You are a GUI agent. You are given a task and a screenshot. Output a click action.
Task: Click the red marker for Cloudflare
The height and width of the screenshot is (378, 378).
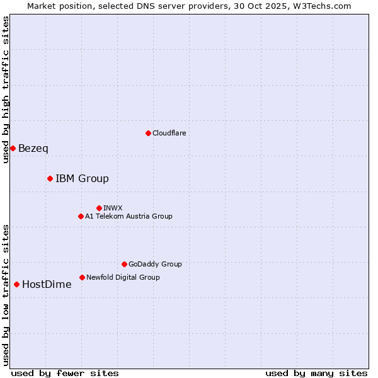(148, 133)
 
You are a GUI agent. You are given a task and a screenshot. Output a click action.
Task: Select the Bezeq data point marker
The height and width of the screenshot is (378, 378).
(13, 148)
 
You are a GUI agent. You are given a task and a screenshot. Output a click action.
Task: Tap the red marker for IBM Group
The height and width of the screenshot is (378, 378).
(50, 178)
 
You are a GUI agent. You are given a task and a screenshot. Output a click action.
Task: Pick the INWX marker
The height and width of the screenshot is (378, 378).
(99, 208)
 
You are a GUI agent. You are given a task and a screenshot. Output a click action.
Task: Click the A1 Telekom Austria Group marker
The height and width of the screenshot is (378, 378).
(81, 216)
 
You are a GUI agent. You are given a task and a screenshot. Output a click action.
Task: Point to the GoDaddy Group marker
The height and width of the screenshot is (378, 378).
(124, 264)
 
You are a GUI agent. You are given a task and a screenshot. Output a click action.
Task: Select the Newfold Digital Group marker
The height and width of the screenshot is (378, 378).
(82, 277)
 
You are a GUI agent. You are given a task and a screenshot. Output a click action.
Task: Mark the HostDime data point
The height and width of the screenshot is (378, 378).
(16, 284)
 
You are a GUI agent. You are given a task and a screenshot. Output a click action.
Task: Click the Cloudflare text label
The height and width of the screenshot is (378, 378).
(169, 133)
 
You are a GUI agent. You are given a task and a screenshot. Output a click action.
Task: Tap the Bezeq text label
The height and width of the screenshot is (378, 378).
(33, 149)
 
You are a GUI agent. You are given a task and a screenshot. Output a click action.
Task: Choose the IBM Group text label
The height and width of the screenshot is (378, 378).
(82, 179)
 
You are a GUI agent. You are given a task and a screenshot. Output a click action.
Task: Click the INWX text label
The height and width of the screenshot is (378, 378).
(113, 208)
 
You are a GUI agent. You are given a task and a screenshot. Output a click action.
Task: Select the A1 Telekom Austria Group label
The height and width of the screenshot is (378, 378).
(129, 216)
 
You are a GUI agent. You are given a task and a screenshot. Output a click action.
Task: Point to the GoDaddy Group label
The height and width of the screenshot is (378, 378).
(155, 264)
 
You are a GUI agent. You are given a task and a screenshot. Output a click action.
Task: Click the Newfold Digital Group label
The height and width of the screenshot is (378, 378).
(123, 277)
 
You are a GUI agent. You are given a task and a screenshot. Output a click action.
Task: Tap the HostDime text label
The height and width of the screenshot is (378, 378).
(47, 285)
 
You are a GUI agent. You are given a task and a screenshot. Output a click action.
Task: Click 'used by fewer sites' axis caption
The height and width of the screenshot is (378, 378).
(65, 373)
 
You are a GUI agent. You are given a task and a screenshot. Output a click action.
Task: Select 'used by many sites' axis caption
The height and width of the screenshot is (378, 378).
(316, 373)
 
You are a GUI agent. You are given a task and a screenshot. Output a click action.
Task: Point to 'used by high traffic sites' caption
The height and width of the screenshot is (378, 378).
(6, 89)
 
